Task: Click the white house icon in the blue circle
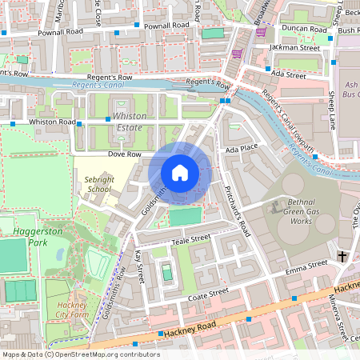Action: (180, 173)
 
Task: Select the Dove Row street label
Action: (125, 154)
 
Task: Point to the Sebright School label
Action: (98, 185)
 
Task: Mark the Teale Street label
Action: (190, 238)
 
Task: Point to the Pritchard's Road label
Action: (237, 208)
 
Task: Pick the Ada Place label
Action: (242, 149)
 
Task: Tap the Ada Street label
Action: (289, 74)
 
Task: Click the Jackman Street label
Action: (294, 48)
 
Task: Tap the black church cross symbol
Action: (342, 257)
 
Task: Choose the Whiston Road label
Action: (51, 122)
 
